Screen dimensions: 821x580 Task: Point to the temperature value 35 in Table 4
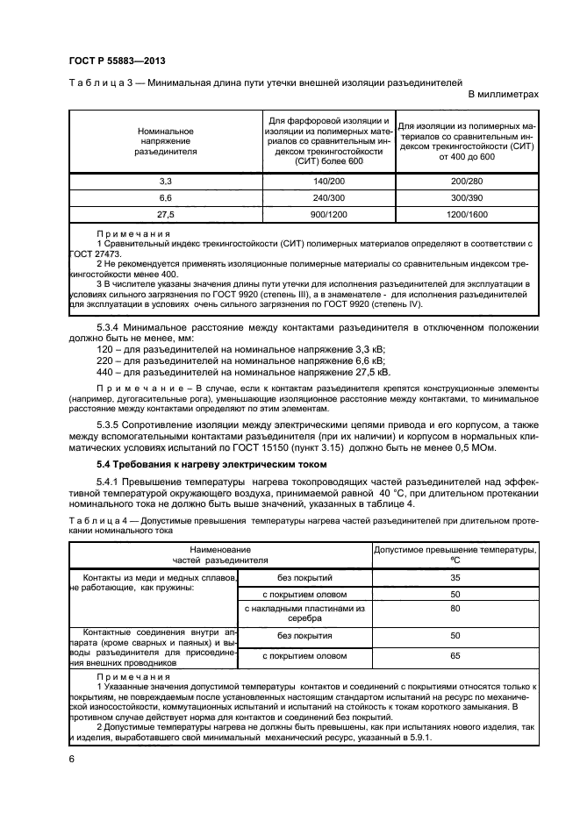point(455,578)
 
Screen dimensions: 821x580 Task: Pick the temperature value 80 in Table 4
point(455,608)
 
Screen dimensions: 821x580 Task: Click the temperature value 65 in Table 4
point(455,655)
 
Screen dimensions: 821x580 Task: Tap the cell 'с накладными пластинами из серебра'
point(304,612)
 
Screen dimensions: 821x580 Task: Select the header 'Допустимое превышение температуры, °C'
point(455,554)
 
